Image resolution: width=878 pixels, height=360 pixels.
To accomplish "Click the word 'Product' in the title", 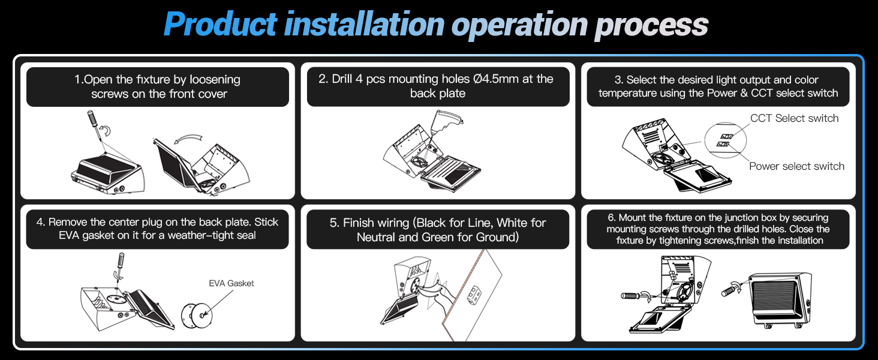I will pyautogui.click(x=220, y=25).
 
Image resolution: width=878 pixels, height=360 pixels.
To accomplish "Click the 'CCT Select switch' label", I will pyautogui.click(x=794, y=118).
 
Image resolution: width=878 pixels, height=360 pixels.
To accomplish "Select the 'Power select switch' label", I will pyautogui.click(x=796, y=166).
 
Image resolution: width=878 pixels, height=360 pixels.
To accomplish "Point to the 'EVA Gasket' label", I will pyautogui.click(x=231, y=283).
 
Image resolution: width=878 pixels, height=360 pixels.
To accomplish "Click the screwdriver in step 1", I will pyautogui.click(x=94, y=120).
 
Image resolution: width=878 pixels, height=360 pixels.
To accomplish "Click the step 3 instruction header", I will pyautogui.click(x=718, y=86).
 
